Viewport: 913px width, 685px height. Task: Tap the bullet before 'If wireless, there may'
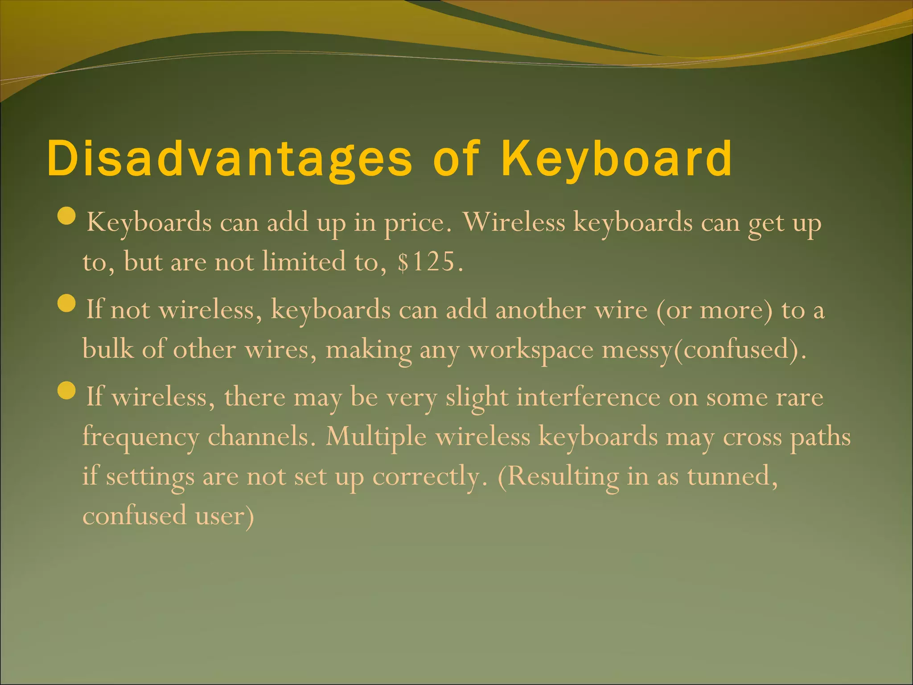tap(67, 391)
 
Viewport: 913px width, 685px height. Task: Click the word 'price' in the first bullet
tap(415, 223)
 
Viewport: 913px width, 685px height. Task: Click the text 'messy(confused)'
tap(704, 350)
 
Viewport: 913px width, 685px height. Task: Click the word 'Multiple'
tap(376, 437)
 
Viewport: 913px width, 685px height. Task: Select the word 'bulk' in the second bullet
tap(108, 349)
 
